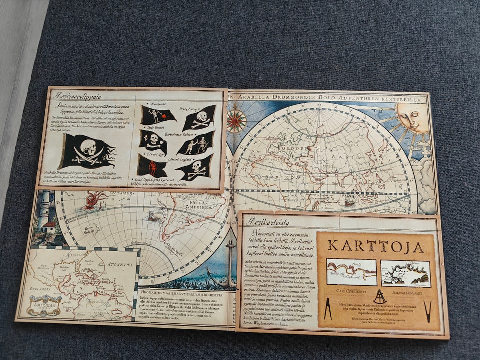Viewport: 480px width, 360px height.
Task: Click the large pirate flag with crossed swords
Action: click(x=88, y=151)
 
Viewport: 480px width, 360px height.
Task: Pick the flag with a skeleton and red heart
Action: click(x=157, y=115)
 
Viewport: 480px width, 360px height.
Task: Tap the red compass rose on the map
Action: click(x=236, y=120)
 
